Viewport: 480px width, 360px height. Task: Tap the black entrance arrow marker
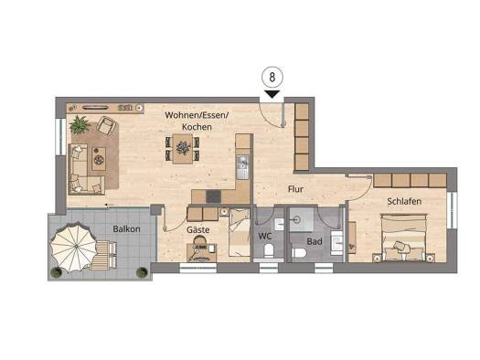(273, 92)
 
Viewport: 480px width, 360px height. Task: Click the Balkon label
(126, 228)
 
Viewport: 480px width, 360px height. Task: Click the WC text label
(265, 236)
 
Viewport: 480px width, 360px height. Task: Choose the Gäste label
(198, 231)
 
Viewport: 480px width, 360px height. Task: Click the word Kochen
(196, 127)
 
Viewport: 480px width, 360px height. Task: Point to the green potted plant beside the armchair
(80, 123)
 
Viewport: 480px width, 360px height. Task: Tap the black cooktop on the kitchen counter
(213, 196)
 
